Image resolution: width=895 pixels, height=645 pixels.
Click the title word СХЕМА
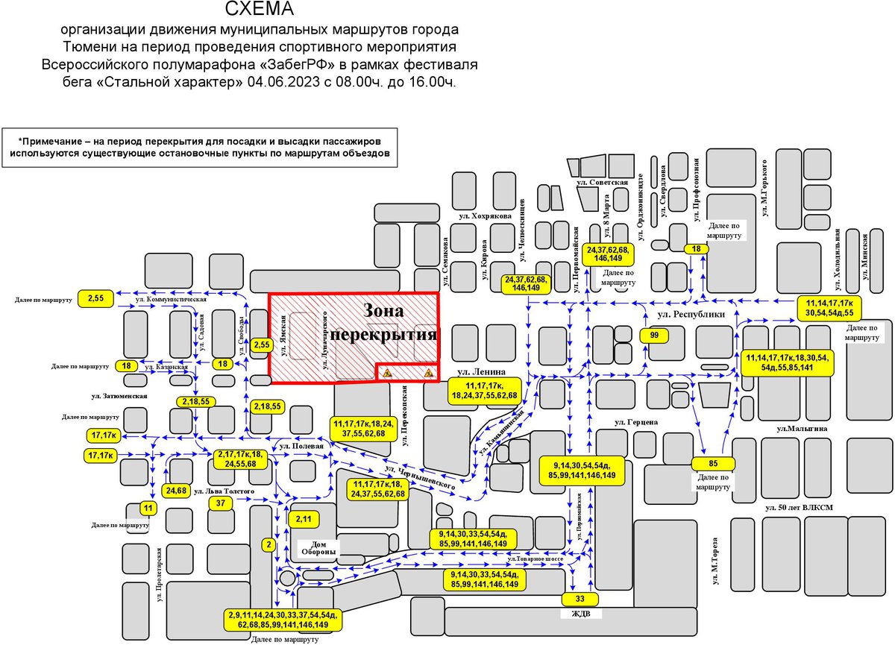tap(259, 10)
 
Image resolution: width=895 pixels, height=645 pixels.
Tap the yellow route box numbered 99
tap(654, 336)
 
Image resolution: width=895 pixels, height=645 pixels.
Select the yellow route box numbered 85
tap(714, 463)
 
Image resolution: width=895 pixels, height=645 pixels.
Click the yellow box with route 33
tap(580, 599)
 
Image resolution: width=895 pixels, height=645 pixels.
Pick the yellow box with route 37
tap(220, 503)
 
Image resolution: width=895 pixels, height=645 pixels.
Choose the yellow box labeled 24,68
tap(177, 491)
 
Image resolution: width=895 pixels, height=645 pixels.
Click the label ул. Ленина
tap(482, 371)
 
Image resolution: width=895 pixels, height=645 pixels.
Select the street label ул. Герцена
tap(636, 422)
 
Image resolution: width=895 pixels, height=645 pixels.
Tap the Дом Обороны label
tap(318, 548)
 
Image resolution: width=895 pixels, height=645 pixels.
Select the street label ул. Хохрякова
tap(486, 215)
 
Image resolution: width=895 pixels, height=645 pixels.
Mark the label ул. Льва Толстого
tap(224, 491)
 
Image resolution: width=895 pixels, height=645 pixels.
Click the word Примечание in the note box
tap(58, 140)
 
